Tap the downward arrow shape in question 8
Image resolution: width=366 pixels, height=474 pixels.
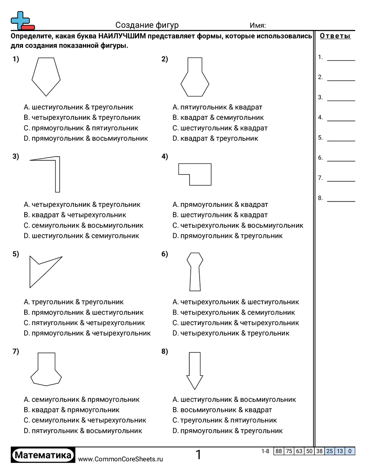coord(195,370)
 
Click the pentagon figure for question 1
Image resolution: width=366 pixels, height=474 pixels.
coord(46,75)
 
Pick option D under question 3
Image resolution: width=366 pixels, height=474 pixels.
coord(82,236)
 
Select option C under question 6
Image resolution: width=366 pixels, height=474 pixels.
coord(236,323)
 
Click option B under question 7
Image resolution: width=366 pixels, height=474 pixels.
coord(72,410)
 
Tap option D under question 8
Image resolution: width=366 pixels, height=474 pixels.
coord(228,430)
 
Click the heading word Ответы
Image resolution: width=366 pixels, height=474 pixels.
coord(335,36)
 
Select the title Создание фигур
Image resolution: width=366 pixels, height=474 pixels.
coord(147,25)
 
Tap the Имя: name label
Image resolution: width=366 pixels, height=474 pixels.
coord(258,25)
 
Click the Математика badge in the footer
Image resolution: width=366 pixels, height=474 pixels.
coord(43,455)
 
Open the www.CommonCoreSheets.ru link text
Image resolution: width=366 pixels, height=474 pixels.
coord(121,459)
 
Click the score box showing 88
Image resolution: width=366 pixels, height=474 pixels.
coord(279,452)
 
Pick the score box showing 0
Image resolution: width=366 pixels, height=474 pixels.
coord(350,452)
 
